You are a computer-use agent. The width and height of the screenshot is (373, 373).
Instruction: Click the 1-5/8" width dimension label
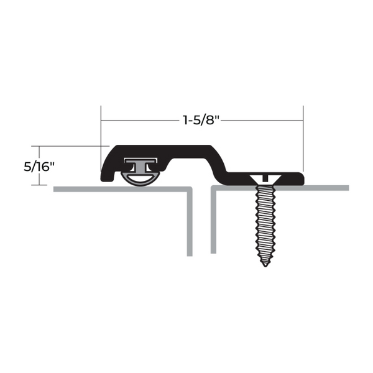[201, 120]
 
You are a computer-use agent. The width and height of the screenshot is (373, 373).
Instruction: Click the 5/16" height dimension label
[39, 167]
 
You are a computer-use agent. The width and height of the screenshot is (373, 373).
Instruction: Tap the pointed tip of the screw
[265, 265]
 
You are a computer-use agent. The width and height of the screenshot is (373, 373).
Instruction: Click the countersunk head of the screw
[265, 179]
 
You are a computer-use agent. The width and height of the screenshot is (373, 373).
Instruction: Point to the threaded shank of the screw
[265, 224]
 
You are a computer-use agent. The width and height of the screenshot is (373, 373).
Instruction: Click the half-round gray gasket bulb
[140, 179]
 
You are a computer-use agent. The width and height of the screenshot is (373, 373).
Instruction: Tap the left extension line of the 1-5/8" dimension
[101, 138]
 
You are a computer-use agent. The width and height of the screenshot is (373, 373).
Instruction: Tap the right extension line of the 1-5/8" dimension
[303, 139]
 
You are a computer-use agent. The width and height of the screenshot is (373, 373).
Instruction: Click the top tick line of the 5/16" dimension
[70, 146]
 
